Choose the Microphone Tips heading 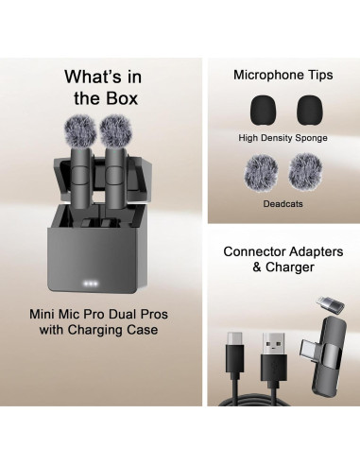tap(281, 75)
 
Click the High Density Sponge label tap(282, 137)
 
